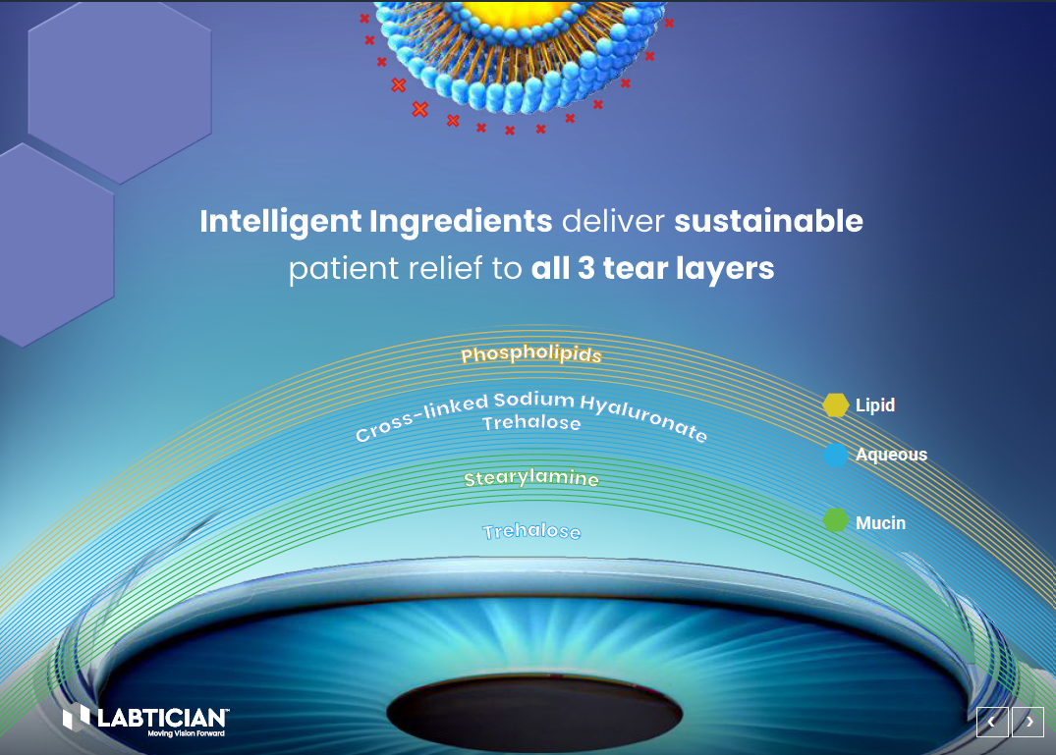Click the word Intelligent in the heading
[x=279, y=222]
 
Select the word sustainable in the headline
[x=768, y=222]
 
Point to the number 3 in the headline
[x=585, y=269]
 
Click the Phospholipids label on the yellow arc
[x=530, y=354]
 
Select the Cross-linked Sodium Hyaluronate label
[x=530, y=406]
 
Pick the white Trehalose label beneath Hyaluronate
[x=531, y=424]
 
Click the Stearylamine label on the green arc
[x=531, y=479]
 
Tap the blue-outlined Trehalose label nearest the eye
[x=531, y=532]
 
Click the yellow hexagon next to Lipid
[x=835, y=405]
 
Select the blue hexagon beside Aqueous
[x=835, y=456]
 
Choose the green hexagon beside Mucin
[x=835, y=521]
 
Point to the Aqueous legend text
[x=891, y=456]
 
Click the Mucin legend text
[x=880, y=523]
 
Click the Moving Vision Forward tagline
[x=187, y=733]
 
